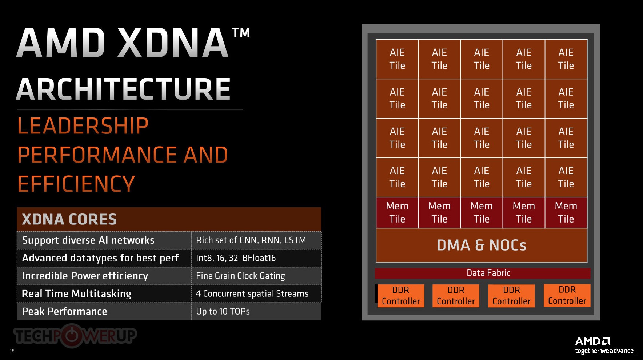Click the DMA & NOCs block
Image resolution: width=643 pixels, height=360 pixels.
pyautogui.click(x=482, y=245)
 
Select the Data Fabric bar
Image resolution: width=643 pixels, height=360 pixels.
pyautogui.click(x=483, y=273)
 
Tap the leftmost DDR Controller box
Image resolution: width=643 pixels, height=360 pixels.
pyautogui.click(x=401, y=296)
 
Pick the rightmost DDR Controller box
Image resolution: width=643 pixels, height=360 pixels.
pyautogui.click(x=567, y=296)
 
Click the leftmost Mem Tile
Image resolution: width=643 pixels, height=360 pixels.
pyautogui.click(x=397, y=213)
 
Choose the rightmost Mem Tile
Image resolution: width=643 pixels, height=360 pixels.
pyautogui.click(x=566, y=213)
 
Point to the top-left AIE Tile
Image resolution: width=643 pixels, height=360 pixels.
pyautogui.click(x=397, y=59)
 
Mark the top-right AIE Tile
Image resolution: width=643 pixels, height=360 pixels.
pyautogui.click(x=566, y=59)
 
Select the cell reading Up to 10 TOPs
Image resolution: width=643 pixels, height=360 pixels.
pyautogui.click(x=256, y=311)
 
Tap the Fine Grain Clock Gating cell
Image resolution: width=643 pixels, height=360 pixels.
pyautogui.click(x=256, y=276)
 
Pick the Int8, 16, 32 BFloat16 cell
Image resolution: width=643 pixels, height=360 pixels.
pyautogui.click(x=256, y=258)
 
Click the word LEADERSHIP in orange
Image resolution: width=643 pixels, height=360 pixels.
pyautogui.click(x=83, y=126)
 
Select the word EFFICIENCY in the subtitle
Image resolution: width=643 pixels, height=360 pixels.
pyautogui.click(x=76, y=184)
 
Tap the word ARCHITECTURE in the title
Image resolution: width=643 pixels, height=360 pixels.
pyautogui.click(x=124, y=89)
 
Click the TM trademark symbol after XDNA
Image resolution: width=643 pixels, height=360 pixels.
pyautogui.click(x=241, y=32)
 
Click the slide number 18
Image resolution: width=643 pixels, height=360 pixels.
pyautogui.click(x=12, y=351)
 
